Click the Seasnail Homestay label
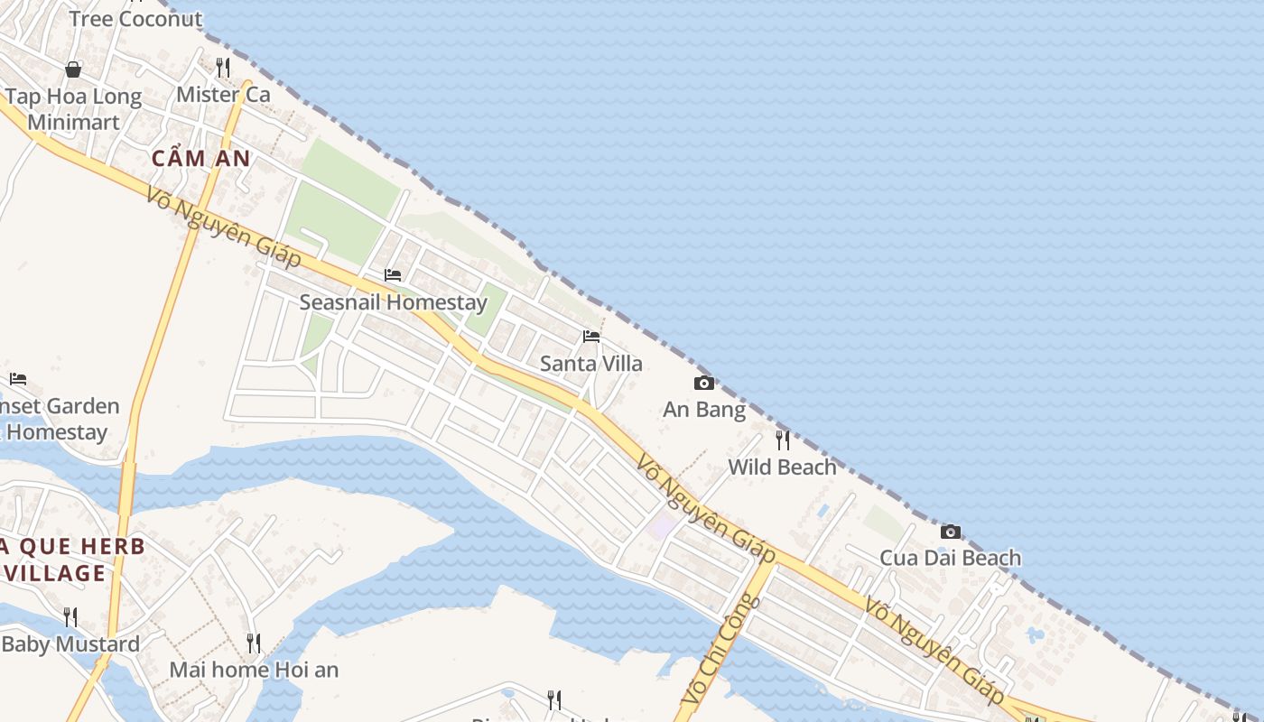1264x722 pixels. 393,302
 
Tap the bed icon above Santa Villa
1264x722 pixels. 591,337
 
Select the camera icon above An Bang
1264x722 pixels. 704,384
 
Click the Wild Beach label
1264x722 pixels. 783,467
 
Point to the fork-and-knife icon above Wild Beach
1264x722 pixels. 783,440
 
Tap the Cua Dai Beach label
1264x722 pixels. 950,558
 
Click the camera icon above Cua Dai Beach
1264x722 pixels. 950,532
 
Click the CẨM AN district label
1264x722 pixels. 200,159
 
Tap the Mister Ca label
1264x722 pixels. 223,94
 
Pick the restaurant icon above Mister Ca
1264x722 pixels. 223,67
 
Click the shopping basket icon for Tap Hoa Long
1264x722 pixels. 73,69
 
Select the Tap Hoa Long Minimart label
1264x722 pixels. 73,109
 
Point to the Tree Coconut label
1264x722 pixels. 135,18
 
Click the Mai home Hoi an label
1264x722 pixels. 254,670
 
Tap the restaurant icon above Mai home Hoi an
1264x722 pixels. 254,643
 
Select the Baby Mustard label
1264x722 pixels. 70,644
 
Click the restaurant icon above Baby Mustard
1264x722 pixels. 70,617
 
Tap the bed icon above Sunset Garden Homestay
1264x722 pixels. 18,379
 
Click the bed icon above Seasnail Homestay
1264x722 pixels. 393,275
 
